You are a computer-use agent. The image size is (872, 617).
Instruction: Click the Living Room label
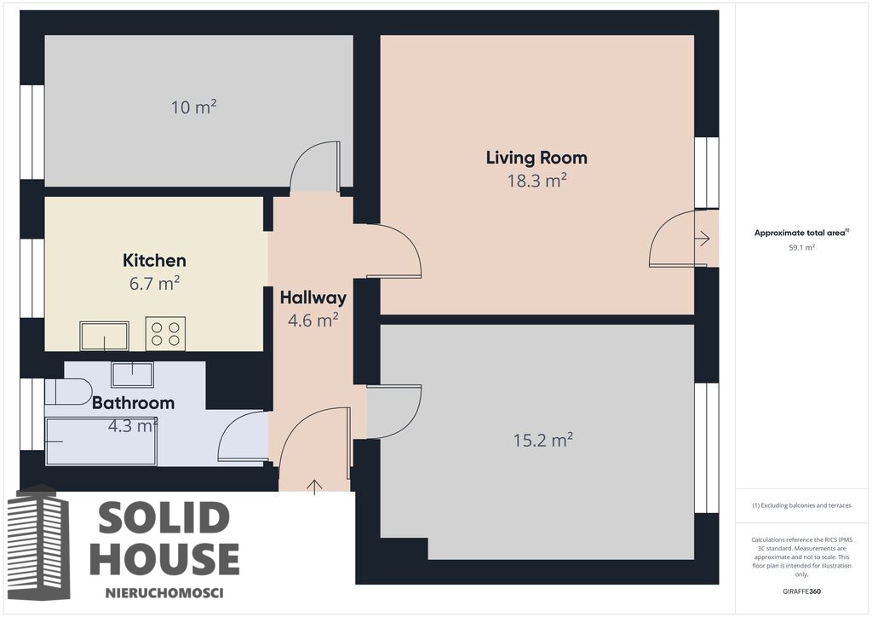click(536, 158)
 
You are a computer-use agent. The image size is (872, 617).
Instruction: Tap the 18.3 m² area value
click(536, 181)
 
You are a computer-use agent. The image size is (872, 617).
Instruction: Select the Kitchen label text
click(155, 261)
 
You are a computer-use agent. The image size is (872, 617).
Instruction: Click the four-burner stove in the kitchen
click(165, 334)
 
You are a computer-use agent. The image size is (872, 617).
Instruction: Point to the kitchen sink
click(104, 336)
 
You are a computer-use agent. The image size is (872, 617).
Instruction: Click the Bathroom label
click(134, 403)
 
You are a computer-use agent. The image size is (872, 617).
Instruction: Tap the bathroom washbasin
click(132, 374)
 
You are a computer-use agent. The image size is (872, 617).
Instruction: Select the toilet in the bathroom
click(68, 392)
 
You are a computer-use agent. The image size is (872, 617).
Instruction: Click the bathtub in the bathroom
click(100, 441)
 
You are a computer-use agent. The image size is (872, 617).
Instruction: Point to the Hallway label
click(313, 297)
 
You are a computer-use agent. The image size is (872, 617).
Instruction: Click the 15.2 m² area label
click(542, 441)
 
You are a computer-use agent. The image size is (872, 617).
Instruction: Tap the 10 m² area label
click(193, 107)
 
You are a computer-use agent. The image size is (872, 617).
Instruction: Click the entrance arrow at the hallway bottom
click(315, 487)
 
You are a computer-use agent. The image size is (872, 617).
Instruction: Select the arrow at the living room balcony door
click(703, 239)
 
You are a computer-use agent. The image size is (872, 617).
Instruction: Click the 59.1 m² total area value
click(801, 248)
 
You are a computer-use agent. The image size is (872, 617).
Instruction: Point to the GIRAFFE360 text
click(801, 591)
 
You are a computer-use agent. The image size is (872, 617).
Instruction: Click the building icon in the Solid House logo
click(39, 543)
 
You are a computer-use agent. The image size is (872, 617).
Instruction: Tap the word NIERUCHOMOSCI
click(164, 593)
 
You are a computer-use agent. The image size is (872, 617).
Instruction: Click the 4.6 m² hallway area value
click(313, 320)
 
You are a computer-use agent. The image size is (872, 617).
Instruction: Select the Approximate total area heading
click(801, 233)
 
